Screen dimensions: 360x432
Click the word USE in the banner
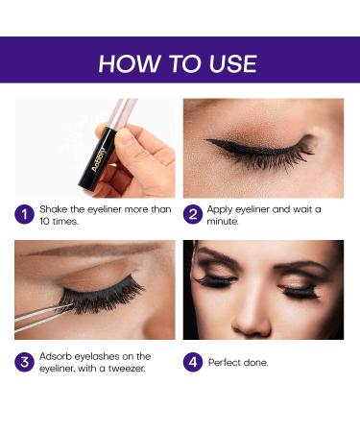[x=232, y=63]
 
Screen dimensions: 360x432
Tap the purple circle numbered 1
[x=24, y=214]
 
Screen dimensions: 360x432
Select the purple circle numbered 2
[x=193, y=214]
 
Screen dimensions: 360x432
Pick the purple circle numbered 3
[x=24, y=362]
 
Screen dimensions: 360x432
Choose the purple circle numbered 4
[x=193, y=362]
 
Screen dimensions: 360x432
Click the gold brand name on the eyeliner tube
[x=98, y=158]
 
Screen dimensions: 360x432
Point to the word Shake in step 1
[x=53, y=209]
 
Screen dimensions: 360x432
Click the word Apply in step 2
[x=220, y=210]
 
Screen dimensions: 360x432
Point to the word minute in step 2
[x=223, y=221]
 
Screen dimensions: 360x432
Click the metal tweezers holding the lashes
[x=42, y=316]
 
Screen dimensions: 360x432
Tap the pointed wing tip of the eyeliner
[x=205, y=140]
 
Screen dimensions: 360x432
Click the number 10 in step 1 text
[x=44, y=221]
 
